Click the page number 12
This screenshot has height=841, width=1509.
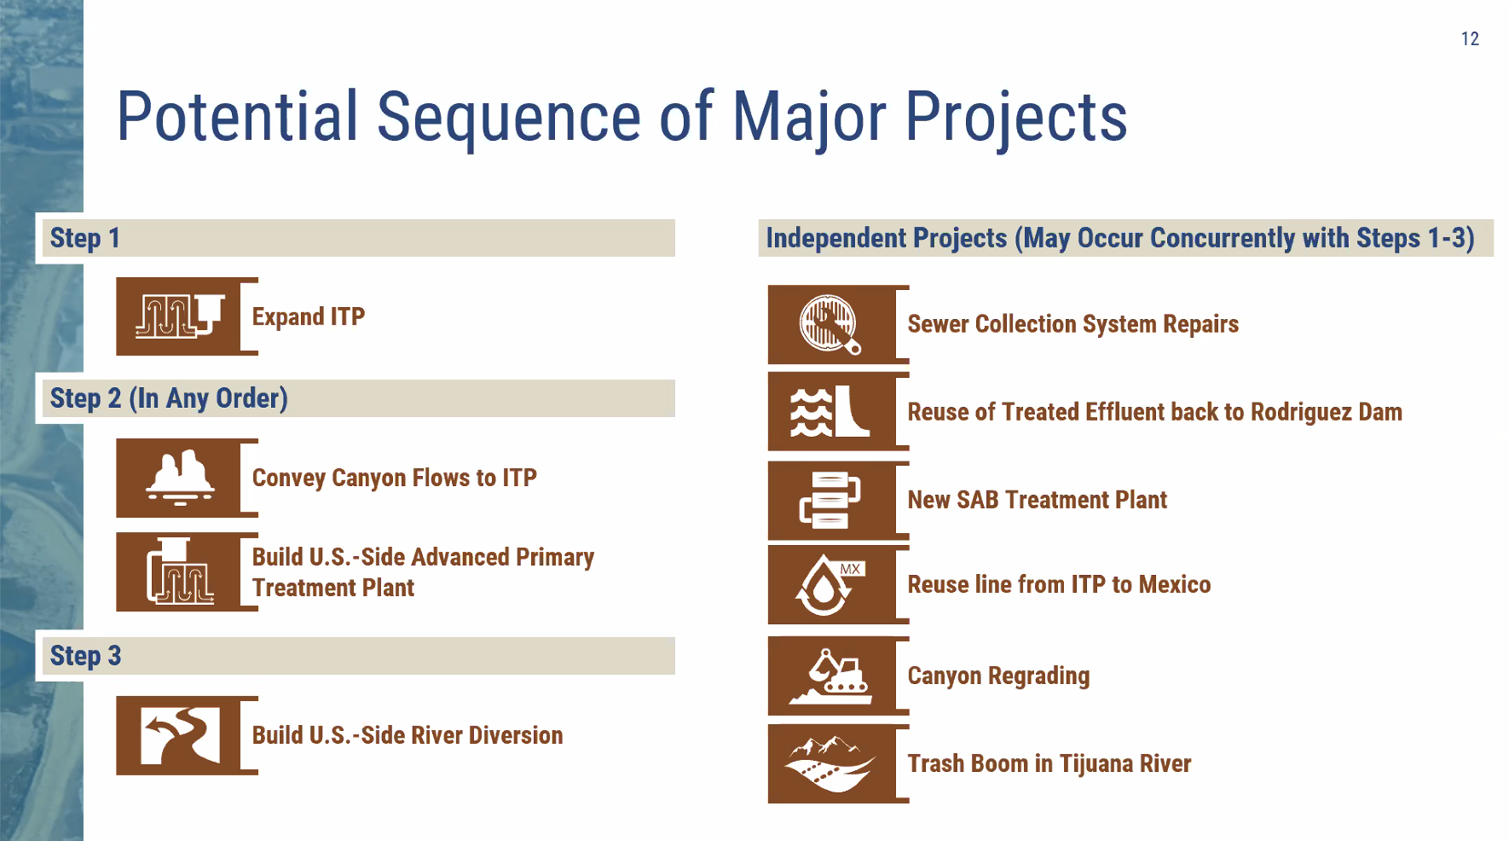1470,39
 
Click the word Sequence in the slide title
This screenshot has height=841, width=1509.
509,118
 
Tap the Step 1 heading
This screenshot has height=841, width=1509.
84,238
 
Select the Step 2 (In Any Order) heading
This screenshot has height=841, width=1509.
169,398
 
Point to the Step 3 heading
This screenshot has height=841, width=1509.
85,656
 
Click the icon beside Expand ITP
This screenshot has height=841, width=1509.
180,316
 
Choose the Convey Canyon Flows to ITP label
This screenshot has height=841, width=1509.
394,478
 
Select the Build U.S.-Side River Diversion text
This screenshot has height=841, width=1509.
408,735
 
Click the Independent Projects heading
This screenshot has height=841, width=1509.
1120,238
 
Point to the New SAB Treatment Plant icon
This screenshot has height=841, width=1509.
830,501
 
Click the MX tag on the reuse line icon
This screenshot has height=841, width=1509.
850,569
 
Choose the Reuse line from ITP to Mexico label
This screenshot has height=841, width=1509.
1059,585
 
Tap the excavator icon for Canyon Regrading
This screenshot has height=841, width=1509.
831,676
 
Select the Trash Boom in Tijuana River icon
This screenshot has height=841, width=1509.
831,764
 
